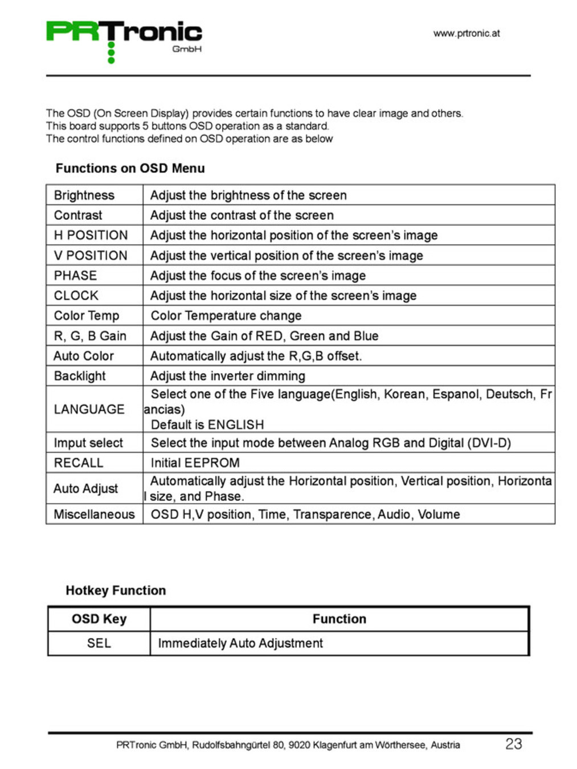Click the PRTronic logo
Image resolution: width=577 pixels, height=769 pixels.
click(x=124, y=40)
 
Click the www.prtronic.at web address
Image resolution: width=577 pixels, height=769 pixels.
click(x=466, y=34)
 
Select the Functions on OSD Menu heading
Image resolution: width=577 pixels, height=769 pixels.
click(x=130, y=169)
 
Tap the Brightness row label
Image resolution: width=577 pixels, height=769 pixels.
click(x=84, y=195)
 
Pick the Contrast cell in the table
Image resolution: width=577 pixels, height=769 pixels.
click(x=78, y=215)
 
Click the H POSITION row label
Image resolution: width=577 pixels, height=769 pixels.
click(x=91, y=235)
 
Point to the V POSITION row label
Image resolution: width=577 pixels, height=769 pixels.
click(x=91, y=256)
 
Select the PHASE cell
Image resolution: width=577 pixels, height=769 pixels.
click(x=75, y=276)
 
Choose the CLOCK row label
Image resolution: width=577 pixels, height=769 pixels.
click(x=76, y=296)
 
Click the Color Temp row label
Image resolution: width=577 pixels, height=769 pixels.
click(x=86, y=316)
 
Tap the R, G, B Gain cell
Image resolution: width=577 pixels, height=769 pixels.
click(x=90, y=336)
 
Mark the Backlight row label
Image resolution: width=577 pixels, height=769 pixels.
click(x=80, y=376)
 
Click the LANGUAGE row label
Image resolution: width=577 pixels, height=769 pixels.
click(x=89, y=410)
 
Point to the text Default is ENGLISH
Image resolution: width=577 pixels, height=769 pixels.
click(x=207, y=425)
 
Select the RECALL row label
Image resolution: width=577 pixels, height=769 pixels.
click(x=79, y=463)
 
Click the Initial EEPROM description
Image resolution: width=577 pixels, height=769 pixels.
click(x=195, y=463)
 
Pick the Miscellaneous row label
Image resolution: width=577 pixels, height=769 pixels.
click(x=94, y=514)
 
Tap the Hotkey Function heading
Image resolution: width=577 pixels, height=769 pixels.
click(x=116, y=591)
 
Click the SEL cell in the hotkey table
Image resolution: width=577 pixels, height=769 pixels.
click(x=99, y=644)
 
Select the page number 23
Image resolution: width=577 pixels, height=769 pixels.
click(x=513, y=744)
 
